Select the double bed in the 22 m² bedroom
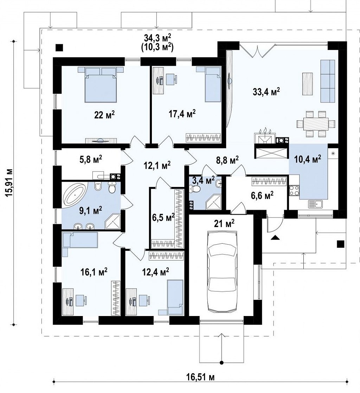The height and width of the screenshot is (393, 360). click(101, 84)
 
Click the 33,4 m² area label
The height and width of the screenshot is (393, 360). click(266, 91)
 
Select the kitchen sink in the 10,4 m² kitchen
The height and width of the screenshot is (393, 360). click(315, 204)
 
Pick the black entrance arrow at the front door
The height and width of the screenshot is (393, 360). click(275, 238)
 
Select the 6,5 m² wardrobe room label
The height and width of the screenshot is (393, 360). click(163, 217)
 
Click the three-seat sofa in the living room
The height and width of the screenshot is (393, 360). click(328, 81)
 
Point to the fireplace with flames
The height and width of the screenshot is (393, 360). click(265, 137)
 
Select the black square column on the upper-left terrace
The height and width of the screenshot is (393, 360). click(59, 47)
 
